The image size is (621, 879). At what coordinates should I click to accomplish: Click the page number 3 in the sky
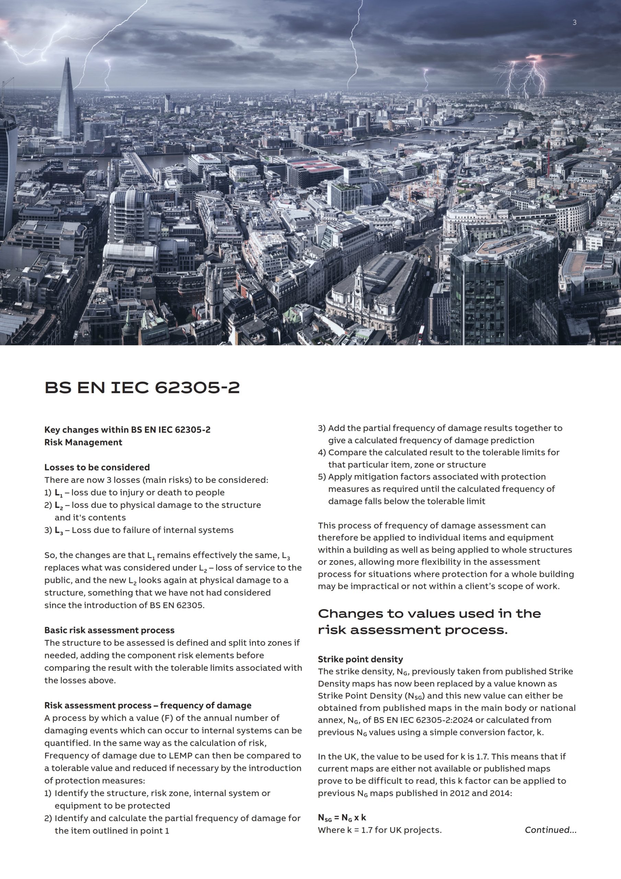(574, 23)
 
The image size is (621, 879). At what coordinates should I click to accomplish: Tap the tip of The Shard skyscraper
(67, 60)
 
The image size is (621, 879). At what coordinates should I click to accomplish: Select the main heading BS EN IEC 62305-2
(142, 387)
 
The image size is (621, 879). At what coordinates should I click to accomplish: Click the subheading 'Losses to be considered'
(97, 467)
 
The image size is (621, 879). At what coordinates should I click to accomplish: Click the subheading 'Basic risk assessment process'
(109, 630)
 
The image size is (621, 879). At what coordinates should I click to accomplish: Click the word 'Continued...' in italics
(550, 830)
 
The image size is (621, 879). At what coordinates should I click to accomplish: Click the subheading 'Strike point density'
(360, 659)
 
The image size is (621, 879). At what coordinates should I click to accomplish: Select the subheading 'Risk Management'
(83, 442)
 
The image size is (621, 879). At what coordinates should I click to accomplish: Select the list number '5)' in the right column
(322, 477)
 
